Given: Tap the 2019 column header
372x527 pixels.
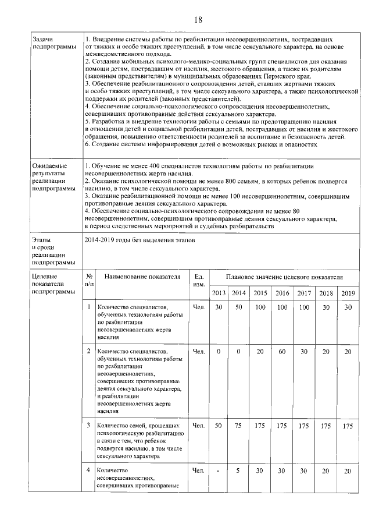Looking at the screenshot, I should pyautogui.click(x=348, y=293).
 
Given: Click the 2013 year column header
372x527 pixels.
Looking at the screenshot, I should pyautogui.click(x=219, y=293).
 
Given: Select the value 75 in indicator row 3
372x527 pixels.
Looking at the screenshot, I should pyautogui.click(x=239, y=426).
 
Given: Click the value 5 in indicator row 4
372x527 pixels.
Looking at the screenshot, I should pyautogui.click(x=239, y=471).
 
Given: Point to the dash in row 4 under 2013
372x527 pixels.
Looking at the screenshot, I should pyautogui.click(x=219, y=471).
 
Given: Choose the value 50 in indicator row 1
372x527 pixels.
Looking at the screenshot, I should pyautogui.click(x=239, y=307).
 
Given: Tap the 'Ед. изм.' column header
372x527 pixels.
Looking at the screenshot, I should pyautogui.click(x=199, y=280).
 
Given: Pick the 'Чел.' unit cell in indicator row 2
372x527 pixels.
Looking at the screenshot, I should pyautogui.click(x=199, y=352).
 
